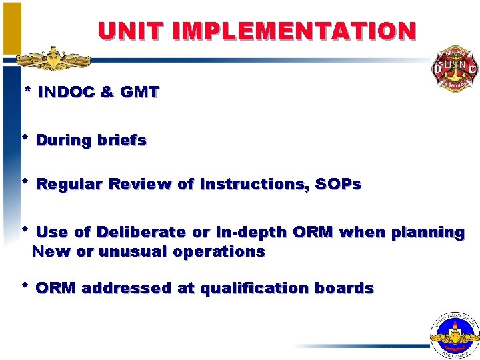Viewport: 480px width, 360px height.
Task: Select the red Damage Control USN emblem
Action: (x=455, y=69)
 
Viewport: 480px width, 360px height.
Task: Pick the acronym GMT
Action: (x=139, y=93)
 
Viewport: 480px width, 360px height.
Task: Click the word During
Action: (x=63, y=141)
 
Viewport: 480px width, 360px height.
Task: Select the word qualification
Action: (x=247, y=289)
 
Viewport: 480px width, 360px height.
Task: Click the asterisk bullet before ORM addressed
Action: (x=25, y=287)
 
